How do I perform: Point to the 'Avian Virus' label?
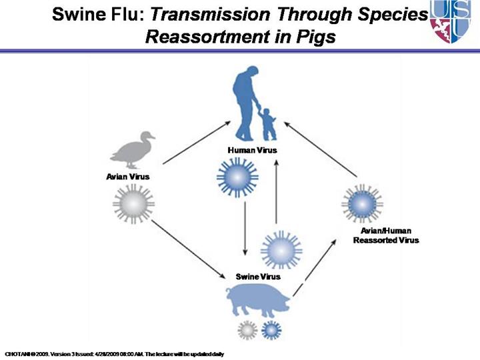pos(127,177)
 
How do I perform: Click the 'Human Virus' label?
pos(251,150)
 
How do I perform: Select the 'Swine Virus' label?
pos(258,276)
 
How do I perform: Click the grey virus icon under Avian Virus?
pos(133,204)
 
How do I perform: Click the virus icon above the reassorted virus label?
pos(361,203)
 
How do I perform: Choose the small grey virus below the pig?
pos(247,329)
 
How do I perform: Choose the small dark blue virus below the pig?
pos(271,329)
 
